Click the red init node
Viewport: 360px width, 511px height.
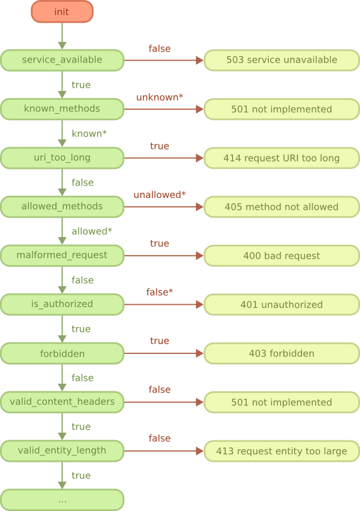coord(62,12)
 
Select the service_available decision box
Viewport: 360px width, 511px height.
coord(62,60)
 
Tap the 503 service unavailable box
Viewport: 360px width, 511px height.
coord(282,60)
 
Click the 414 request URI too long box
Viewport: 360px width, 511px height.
coord(282,158)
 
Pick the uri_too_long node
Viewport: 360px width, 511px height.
coord(62,158)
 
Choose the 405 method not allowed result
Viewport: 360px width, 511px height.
coord(282,207)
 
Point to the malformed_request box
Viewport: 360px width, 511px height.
coord(62,256)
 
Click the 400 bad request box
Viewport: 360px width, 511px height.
coord(282,256)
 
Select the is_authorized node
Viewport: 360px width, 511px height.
coord(62,304)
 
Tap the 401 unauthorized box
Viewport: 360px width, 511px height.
coord(282,304)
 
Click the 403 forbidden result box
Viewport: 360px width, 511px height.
coord(282,353)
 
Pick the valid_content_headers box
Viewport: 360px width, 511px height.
coord(62,402)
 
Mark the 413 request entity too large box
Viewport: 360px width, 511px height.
coord(282,451)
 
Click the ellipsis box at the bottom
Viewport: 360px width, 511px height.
coord(62,499)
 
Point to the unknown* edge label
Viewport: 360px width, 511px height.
coord(160,97)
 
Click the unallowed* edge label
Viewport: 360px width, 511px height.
coord(160,194)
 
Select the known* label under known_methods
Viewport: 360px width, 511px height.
coord(89,134)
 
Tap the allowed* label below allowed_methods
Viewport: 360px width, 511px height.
coord(92,231)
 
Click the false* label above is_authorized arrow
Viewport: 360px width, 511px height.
coord(160,292)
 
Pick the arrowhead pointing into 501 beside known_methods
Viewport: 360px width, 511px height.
coord(199,109)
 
